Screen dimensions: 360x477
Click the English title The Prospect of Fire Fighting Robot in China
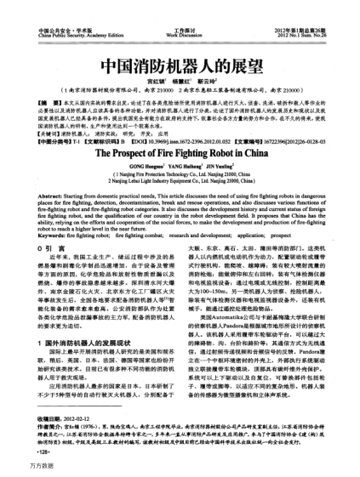coord(180,132)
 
